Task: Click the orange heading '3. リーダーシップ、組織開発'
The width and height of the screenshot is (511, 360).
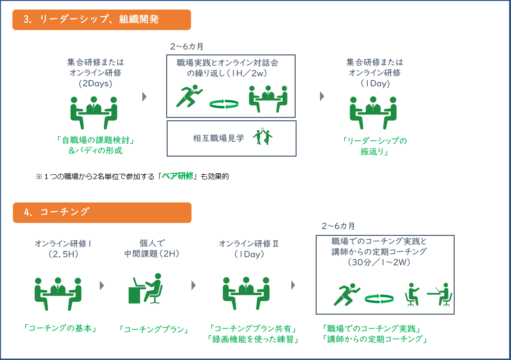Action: coord(102,20)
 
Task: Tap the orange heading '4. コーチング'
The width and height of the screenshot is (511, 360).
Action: coord(102,213)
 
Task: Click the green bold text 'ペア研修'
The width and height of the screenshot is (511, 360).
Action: coord(178,176)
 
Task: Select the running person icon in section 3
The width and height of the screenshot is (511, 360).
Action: coord(189,96)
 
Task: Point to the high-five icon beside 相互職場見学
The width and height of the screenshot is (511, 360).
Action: coord(263,136)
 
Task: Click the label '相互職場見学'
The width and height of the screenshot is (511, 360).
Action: coord(218,138)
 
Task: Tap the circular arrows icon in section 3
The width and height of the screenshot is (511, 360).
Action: coord(224,104)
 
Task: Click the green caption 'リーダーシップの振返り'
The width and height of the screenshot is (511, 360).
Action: coord(375,146)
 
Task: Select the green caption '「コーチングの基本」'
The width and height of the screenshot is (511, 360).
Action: coord(60,328)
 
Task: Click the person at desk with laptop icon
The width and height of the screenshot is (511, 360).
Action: coord(145,289)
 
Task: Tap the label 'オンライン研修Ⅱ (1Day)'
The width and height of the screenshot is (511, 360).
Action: coord(249,249)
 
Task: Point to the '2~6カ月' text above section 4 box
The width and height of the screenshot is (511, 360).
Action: coord(338,226)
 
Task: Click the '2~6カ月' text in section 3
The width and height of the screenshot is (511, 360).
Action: coord(187,47)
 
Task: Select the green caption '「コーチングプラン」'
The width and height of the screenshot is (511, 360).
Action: coord(154,329)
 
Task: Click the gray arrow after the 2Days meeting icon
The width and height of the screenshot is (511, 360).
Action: coord(144,97)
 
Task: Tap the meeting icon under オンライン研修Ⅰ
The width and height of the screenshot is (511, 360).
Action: coord(58,294)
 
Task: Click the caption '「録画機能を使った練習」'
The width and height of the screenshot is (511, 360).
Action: coord(253,339)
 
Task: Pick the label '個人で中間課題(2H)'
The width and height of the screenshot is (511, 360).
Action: coord(152,249)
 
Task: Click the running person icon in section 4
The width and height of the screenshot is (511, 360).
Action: coord(347,295)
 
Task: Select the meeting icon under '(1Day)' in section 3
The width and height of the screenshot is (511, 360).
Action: coord(373,113)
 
